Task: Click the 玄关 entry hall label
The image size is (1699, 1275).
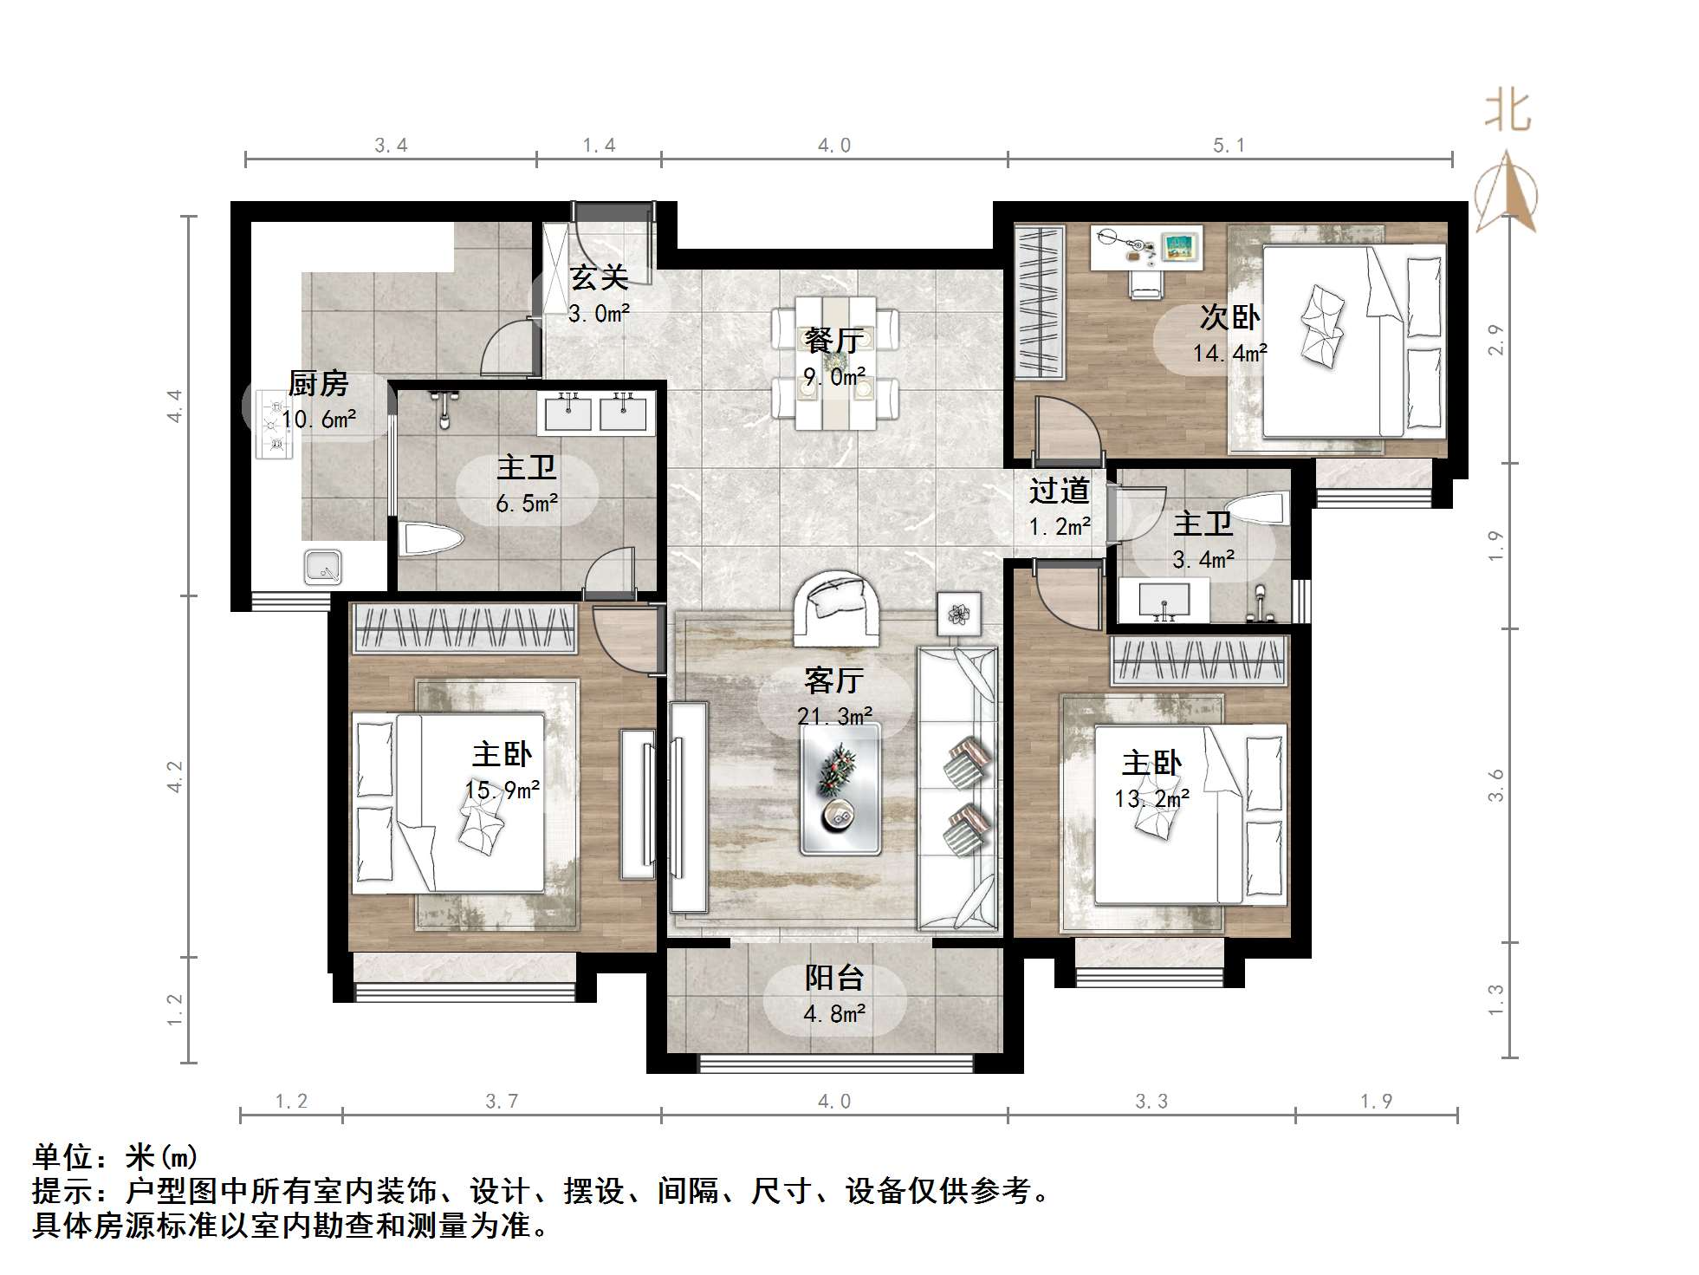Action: (x=599, y=278)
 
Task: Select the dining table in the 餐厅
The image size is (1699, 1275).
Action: (x=835, y=362)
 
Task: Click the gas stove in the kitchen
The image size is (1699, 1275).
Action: (x=275, y=424)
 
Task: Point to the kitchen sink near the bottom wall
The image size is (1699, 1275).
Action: (x=323, y=567)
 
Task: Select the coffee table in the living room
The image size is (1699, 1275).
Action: (x=840, y=788)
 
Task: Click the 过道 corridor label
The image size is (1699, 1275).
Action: (x=1059, y=491)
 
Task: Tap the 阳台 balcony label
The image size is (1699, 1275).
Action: (x=833, y=978)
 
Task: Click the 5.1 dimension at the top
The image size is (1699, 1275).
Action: (x=1229, y=146)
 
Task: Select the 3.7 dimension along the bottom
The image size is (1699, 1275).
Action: (x=502, y=1102)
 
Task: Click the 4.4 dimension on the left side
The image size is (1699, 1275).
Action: (x=176, y=406)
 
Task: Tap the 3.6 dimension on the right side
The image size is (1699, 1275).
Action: (x=1496, y=784)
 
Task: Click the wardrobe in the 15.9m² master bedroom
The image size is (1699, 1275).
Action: (x=464, y=628)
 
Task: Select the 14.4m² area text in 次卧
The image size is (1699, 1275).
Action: (x=1229, y=353)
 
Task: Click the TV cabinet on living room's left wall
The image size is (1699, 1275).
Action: (x=689, y=806)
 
